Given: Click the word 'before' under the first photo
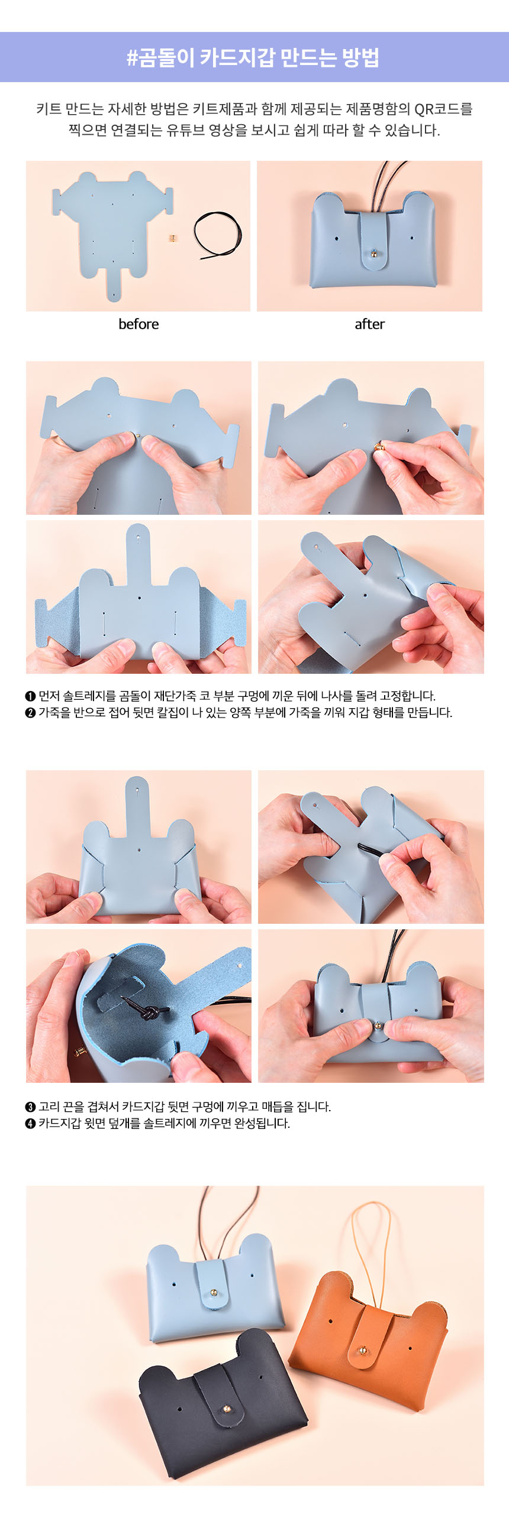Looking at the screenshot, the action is [138, 324].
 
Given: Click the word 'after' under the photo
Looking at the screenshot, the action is [370, 324].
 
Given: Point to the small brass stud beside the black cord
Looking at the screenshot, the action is [172, 238].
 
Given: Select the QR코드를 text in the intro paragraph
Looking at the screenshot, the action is [443, 109].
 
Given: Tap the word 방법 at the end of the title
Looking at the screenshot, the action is [360, 57].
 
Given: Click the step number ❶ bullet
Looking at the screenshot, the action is [31, 696].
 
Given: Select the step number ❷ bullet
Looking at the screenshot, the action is [31, 712].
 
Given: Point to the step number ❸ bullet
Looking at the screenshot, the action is [31, 1107].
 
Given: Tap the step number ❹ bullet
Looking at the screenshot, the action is [31, 1123].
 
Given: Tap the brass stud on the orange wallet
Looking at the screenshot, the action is [362, 1351].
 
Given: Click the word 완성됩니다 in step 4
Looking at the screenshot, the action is [262, 1123].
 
